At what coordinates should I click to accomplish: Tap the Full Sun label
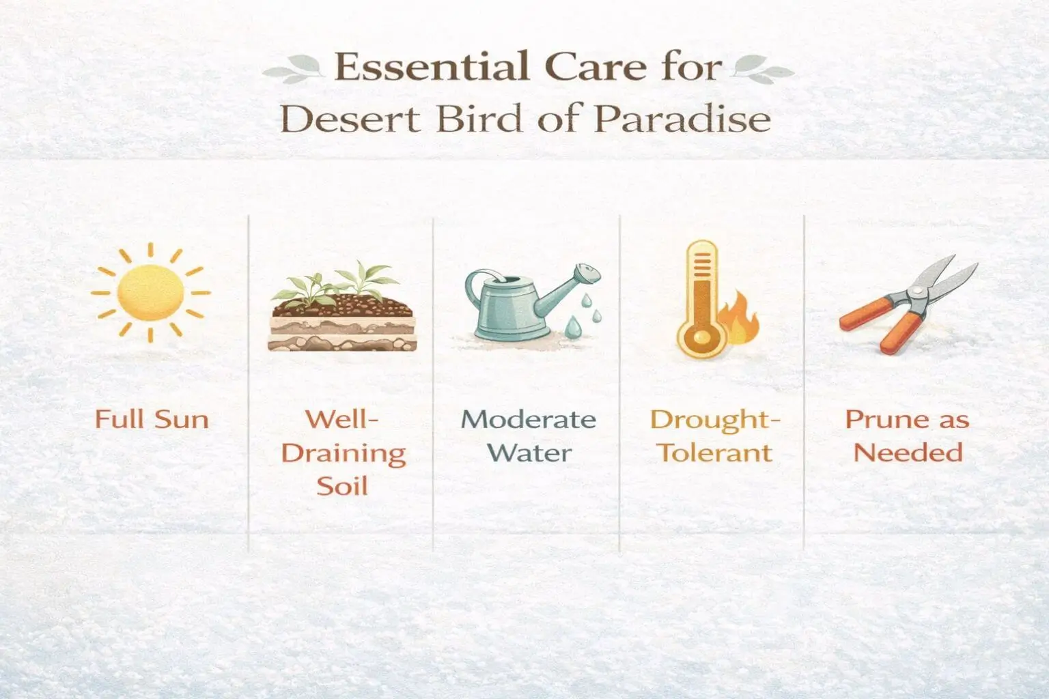[x=152, y=418]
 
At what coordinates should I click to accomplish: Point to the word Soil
[x=342, y=486]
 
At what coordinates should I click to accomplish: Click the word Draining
[x=344, y=453]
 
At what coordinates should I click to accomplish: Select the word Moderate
[x=528, y=418]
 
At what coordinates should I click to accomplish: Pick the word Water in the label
[x=531, y=453]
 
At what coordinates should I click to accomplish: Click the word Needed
[x=908, y=453]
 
